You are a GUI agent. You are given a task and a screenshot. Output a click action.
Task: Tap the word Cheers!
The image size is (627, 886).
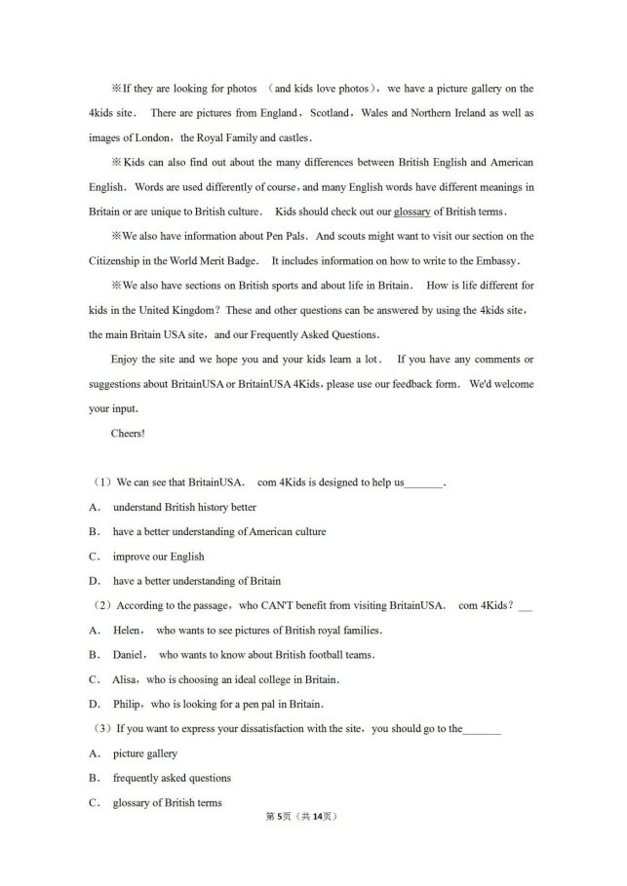click(128, 434)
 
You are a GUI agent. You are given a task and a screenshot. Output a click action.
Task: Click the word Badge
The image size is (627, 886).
click(244, 261)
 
